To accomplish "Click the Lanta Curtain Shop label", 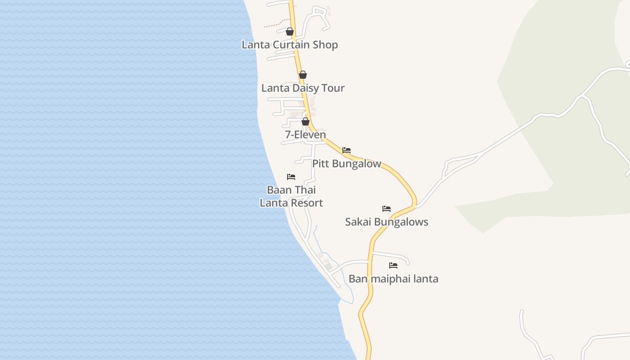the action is (290, 45).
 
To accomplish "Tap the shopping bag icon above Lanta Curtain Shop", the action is (290, 31).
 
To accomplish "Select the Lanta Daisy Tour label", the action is (303, 88).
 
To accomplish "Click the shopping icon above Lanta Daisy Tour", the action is (303, 75).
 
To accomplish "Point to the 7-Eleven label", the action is (306, 135).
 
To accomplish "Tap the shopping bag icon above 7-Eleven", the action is (306, 121).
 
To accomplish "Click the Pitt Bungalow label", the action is (346, 164).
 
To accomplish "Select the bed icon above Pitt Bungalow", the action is (346, 150).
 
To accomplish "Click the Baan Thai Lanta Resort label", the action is (291, 196).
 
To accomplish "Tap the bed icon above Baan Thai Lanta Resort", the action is (291, 177).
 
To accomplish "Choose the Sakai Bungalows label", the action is (387, 222).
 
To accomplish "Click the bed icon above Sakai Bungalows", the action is (387, 209).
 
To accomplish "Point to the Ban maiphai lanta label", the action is (393, 279).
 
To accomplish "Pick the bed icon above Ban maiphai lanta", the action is (393, 265).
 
